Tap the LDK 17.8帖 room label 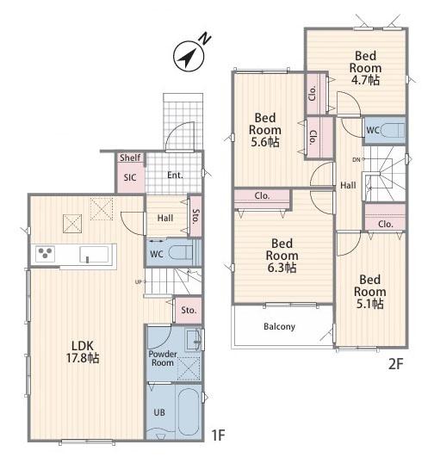(x=83, y=352)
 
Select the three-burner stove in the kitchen (x=45, y=254)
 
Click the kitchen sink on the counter (x=95, y=255)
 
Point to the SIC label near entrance (x=130, y=177)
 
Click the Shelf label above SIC (x=130, y=157)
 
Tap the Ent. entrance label (x=175, y=176)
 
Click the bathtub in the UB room (x=189, y=411)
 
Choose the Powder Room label (x=163, y=358)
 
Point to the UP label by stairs (x=139, y=281)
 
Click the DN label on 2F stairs (x=356, y=159)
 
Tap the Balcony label (x=279, y=326)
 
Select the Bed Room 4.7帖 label (x=365, y=68)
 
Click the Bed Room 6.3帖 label (x=282, y=256)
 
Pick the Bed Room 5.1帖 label (x=369, y=292)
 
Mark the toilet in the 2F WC (x=394, y=130)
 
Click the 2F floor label (x=395, y=364)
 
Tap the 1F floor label (x=218, y=435)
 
